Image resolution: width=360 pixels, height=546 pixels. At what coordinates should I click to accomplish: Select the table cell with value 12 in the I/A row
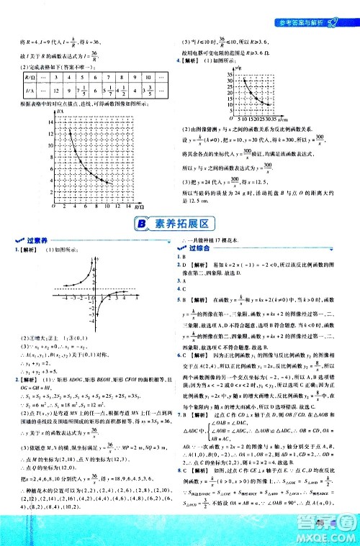pos(66,91)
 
